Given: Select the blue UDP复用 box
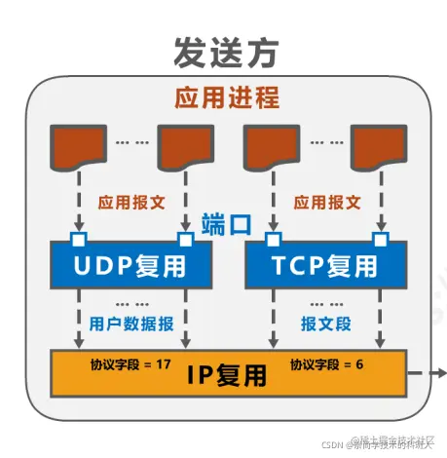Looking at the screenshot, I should tap(131, 264).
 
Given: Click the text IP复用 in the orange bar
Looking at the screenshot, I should tap(225, 373).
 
